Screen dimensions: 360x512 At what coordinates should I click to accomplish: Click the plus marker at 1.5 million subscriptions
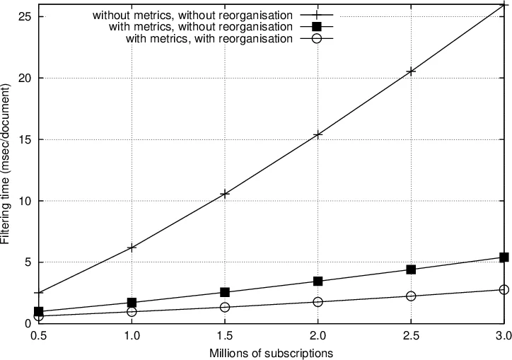tap(224, 193)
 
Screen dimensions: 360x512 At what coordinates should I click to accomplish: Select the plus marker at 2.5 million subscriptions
tap(411, 71)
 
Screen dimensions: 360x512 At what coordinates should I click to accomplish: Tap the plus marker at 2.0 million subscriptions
tap(318, 134)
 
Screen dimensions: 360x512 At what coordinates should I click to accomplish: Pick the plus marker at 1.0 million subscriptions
tap(132, 247)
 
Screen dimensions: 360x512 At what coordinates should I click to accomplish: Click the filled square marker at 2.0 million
tap(318, 281)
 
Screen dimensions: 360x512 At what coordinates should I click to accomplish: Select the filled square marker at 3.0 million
tap(504, 257)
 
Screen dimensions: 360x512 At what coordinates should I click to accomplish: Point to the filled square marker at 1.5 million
tap(224, 292)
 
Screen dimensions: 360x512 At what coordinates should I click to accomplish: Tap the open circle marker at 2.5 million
tap(411, 296)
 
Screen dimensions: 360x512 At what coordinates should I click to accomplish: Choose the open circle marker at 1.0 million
tap(132, 311)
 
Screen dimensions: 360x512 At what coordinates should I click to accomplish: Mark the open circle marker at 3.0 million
tap(504, 289)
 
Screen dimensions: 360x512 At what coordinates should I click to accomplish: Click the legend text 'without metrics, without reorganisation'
tap(192, 15)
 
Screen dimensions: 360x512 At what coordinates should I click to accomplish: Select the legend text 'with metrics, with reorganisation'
tap(209, 39)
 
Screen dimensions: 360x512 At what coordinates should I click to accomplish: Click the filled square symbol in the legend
tap(316, 27)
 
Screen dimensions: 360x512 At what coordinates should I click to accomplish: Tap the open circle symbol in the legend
tap(316, 39)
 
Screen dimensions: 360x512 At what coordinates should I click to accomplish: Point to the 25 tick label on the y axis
tap(23, 16)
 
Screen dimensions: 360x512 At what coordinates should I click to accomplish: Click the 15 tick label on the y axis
tap(23, 139)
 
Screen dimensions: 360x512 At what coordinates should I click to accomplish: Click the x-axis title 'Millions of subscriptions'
tap(271, 352)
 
